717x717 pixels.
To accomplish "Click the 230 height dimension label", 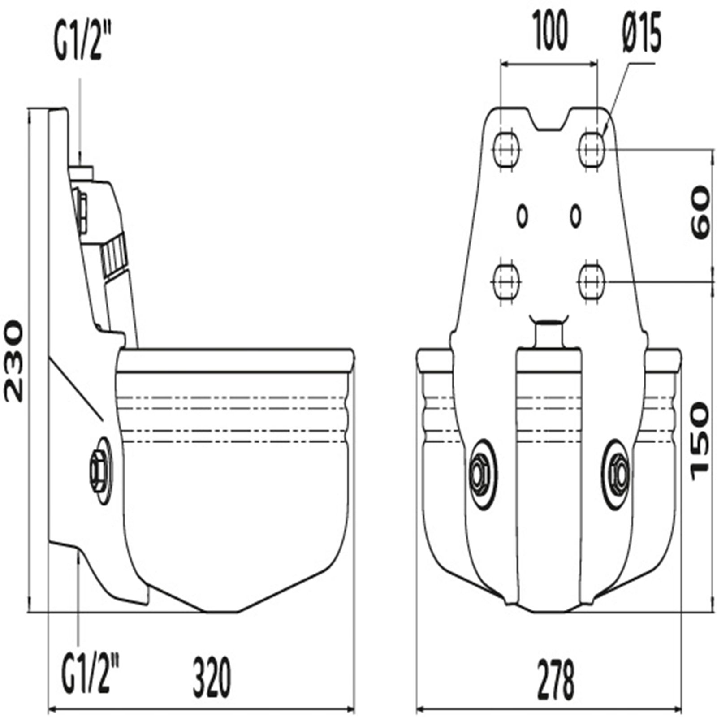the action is [12, 360].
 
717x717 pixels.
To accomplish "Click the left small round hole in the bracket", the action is [522, 216].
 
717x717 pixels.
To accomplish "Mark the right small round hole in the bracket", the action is [575, 216].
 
